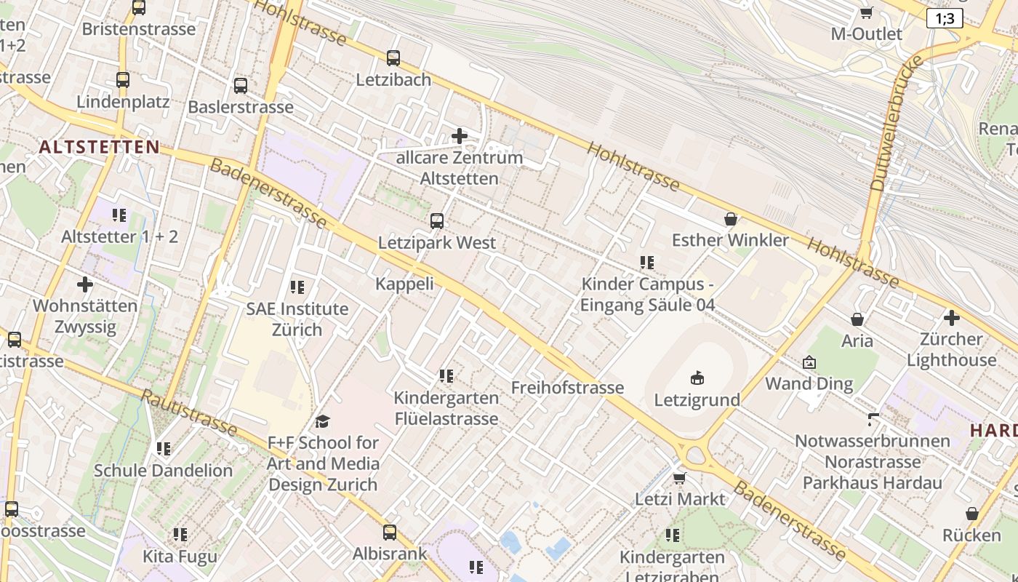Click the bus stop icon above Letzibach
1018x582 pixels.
tap(393, 58)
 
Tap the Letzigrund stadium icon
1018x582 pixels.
tap(697, 378)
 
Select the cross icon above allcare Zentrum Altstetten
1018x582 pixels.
tap(460, 136)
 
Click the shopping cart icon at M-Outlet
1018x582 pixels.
tap(866, 12)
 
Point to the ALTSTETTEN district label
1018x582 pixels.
tap(99, 147)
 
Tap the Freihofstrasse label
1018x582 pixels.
tap(567, 387)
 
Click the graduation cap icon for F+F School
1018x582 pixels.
tap(322, 421)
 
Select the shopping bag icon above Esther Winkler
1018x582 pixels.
tap(731, 219)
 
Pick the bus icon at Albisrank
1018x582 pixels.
tap(390, 533)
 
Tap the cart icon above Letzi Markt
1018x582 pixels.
tap(680, 478)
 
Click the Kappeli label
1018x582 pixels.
tap(404, 284)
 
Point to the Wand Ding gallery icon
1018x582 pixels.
tap(809, 362)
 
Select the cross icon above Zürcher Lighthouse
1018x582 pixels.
tap(951, 318)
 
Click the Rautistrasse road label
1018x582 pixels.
tap(188, 412)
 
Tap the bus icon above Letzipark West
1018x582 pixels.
tap(437, 221)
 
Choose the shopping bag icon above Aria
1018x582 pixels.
tap(857, 319)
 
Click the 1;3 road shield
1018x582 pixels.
tap(945, 19)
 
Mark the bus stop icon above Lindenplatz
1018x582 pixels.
tap(123, 80)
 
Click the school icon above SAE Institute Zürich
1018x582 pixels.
tap(297, 287)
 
